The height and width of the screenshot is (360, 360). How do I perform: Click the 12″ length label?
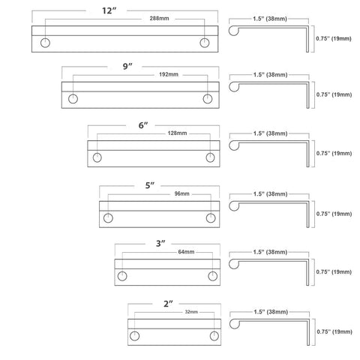(x=109, y=10)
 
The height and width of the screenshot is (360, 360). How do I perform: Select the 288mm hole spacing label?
(x=159, y=19)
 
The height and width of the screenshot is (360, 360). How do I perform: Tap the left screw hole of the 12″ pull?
(x=45, y=43)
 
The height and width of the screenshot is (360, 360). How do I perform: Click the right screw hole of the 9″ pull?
(x=208, y=99)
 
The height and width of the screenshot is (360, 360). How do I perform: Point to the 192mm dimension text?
(x=169, y=74)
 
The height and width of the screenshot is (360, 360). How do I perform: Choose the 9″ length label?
(x=127, y=67)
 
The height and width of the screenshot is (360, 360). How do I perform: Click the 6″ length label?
(x=143, y=125)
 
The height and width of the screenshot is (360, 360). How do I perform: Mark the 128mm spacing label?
(x=177, y=133)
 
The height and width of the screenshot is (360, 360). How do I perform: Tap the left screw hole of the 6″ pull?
(x=97, y=157)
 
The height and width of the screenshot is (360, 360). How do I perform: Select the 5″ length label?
(x=150, y=185)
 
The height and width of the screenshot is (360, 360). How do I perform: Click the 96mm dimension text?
(x=181, y=193)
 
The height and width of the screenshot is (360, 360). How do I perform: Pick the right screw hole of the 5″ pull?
(x=211, y=218)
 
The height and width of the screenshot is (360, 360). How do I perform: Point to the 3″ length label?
(x=160, y=244)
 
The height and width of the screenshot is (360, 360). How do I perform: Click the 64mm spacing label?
(x=186, y=252)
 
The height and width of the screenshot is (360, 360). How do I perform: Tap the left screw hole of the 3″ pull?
(x=122, y=276)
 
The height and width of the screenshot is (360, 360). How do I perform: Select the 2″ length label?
(x=168, y=304)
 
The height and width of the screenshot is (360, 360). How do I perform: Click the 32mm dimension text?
(x=191, y=312)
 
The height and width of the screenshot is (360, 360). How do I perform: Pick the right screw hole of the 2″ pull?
(x=214, y=336)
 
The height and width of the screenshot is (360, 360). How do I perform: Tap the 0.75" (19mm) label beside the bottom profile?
(x=334, y=331)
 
